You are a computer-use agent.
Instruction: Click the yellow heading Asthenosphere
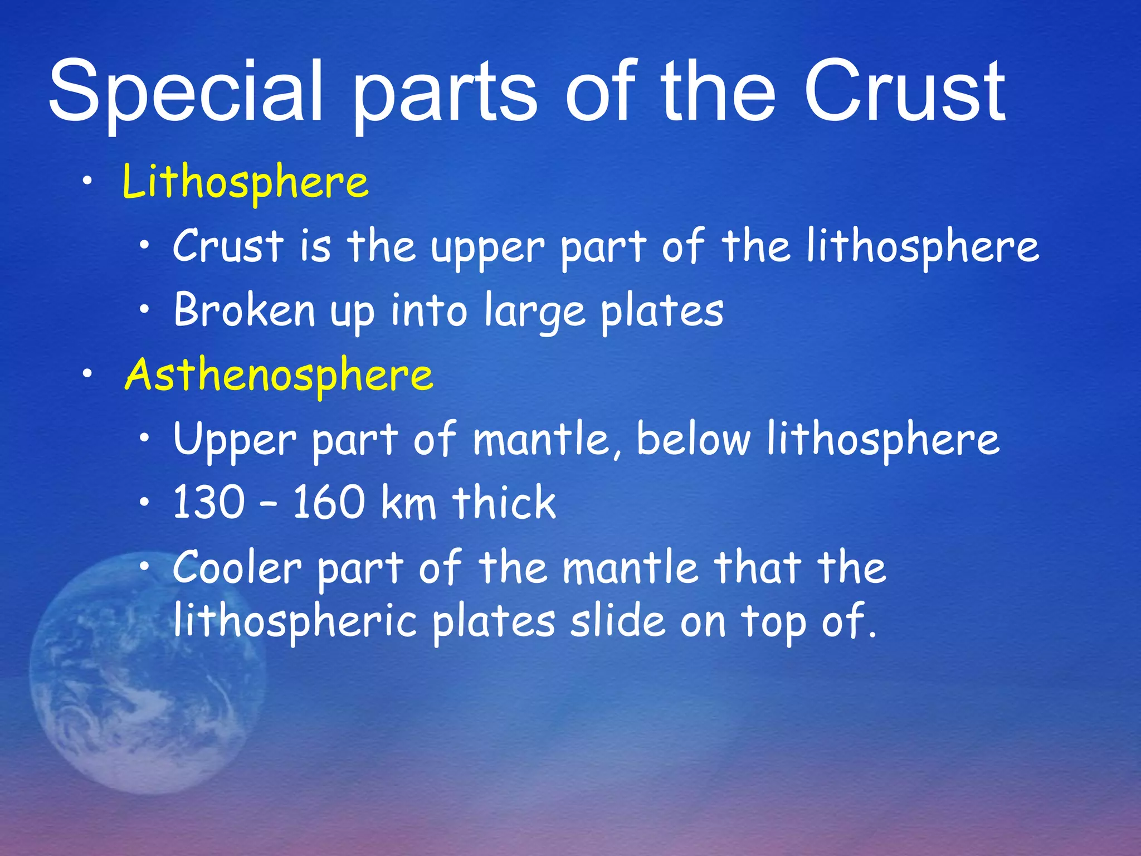click(x=279, y=374)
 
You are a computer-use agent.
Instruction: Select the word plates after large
click(x=662, y=312)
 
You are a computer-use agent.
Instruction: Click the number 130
click(x=208, y=503)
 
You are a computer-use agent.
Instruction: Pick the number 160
click(x=329, y=503)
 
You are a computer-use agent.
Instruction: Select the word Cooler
click(x=237, y=567)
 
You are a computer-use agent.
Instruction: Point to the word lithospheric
click(x=295, y=622)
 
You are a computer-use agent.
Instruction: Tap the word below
click(x=694, y=439)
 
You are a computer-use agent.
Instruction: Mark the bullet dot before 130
click(x=145, y=502)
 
